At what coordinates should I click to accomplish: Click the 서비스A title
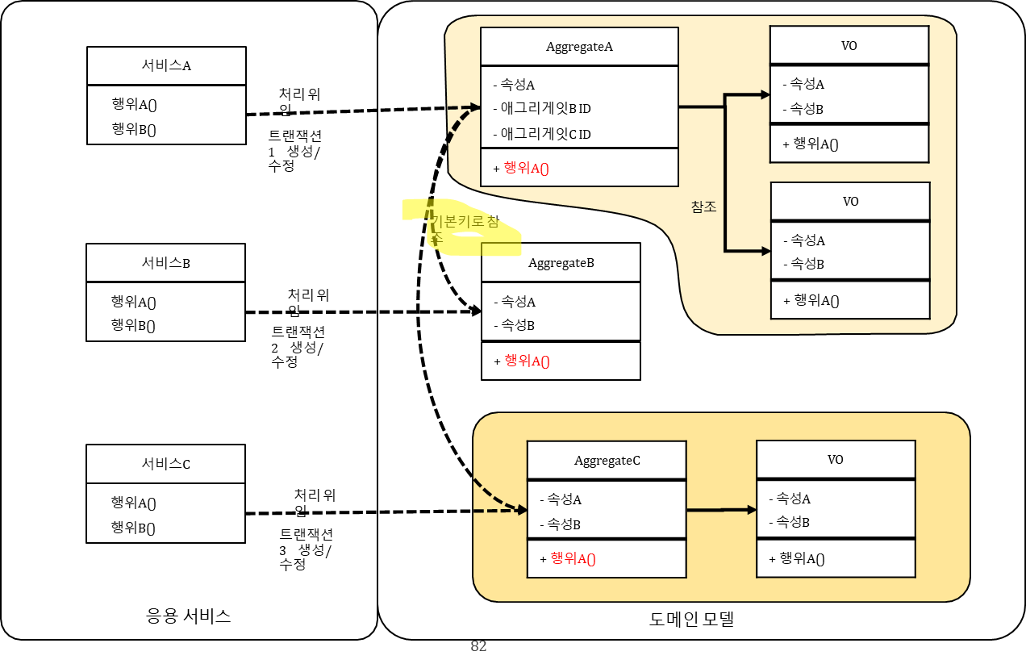[166, 66]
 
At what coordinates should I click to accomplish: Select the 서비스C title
[165, 464]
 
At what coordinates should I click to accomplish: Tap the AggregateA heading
[579, 47]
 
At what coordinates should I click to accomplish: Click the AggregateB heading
[561, 263]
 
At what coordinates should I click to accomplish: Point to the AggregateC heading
[607, 461]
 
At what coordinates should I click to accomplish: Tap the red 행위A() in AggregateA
[526, 168]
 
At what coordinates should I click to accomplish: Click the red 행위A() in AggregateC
[572, 558]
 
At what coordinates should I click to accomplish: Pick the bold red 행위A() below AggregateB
[527, 361]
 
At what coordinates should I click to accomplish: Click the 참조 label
[703, 207]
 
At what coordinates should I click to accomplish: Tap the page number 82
[478, 646]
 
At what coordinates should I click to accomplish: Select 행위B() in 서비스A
[134, 129]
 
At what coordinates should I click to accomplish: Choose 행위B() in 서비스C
[133, 528]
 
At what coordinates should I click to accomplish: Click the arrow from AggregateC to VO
[721, 510]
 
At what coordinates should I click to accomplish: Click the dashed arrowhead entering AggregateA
[473, 106]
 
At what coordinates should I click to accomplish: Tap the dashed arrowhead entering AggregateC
[519, 510]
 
